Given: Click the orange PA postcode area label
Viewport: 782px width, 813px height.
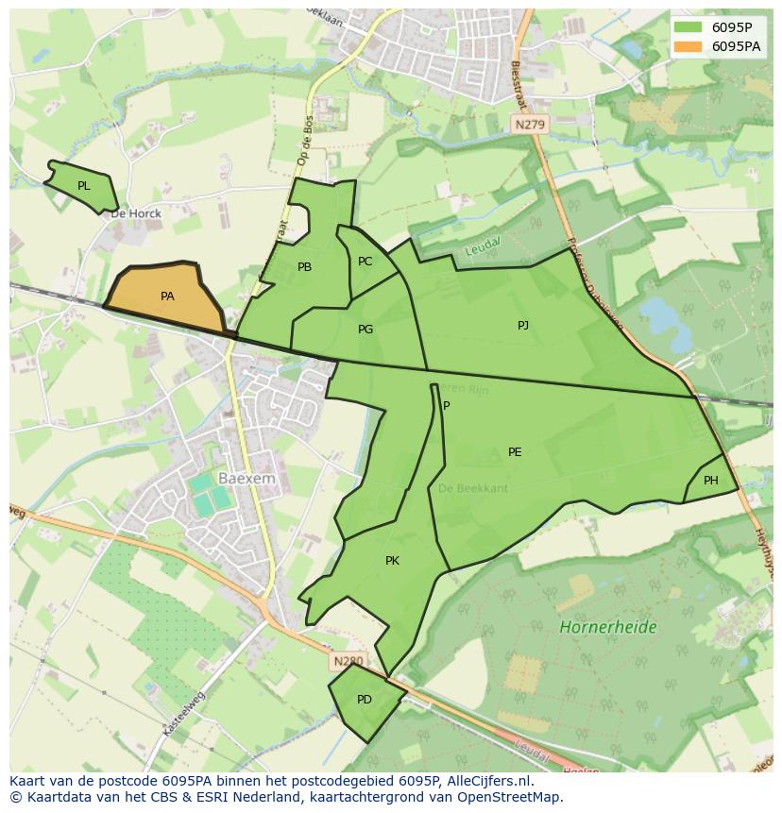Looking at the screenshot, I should (167, 296).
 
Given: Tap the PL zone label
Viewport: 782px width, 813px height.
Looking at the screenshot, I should (84, 186).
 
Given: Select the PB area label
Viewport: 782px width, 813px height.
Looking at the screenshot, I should (304, 267).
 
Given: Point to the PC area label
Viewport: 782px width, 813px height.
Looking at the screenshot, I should (365, 262).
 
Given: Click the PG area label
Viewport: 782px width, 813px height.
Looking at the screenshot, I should (365, 330).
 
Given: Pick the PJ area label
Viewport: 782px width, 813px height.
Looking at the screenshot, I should (523, 326).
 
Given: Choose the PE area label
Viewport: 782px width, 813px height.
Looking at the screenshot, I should (515, 452).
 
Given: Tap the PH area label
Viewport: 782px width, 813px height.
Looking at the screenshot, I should (711, 481).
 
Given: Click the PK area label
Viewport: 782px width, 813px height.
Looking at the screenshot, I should (392, 561).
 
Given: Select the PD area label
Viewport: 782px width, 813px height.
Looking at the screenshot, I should (365, 700).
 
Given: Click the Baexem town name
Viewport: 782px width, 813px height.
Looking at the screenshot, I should (246, 479).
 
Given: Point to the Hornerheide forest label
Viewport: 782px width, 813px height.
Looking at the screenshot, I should (607, 627).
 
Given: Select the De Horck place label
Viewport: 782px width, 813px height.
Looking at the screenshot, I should (136, 213).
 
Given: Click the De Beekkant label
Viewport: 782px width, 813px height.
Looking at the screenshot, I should (473, 488).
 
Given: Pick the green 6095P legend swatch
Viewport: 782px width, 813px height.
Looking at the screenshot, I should (688, 26).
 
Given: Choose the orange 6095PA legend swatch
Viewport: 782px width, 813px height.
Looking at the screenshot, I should (688, 46).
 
